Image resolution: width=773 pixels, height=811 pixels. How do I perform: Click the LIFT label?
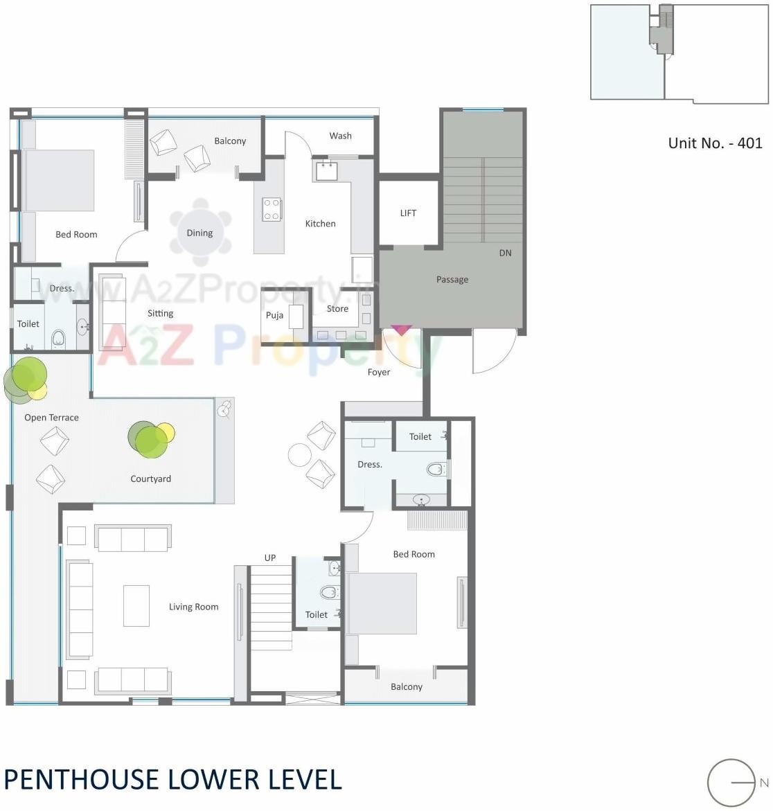pos(408,213)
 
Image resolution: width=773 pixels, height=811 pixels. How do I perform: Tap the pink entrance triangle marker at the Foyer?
pos(401,330)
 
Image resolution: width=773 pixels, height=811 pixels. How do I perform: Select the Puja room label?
pos(274,316)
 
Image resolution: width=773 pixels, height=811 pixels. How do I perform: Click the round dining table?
pos(199,233)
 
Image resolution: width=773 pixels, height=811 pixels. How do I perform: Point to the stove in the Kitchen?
pos(272,209)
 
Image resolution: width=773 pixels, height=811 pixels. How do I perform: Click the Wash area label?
pos(340,136)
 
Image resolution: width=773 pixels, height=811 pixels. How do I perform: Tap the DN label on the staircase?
pos(505,253)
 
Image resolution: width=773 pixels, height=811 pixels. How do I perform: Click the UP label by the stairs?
pos(270,558)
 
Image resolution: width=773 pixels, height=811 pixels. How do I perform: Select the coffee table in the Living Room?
pos(136,605)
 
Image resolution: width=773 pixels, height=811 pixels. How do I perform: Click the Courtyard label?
pos(150,479)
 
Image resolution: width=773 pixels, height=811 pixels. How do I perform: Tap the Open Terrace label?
pos(51,418)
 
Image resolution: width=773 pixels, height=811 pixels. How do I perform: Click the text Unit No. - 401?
pos(715,143)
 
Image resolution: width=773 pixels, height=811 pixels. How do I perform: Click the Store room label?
pos(337,309)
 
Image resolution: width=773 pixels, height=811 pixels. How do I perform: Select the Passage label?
pos(452,280)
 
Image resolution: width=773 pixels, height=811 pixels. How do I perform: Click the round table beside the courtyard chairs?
pos(300,455)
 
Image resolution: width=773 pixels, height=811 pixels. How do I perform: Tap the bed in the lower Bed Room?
pos(382,603)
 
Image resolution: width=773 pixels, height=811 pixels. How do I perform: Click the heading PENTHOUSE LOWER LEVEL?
pos(172,779)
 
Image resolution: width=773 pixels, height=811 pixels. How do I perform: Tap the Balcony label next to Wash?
pos(230,141)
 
